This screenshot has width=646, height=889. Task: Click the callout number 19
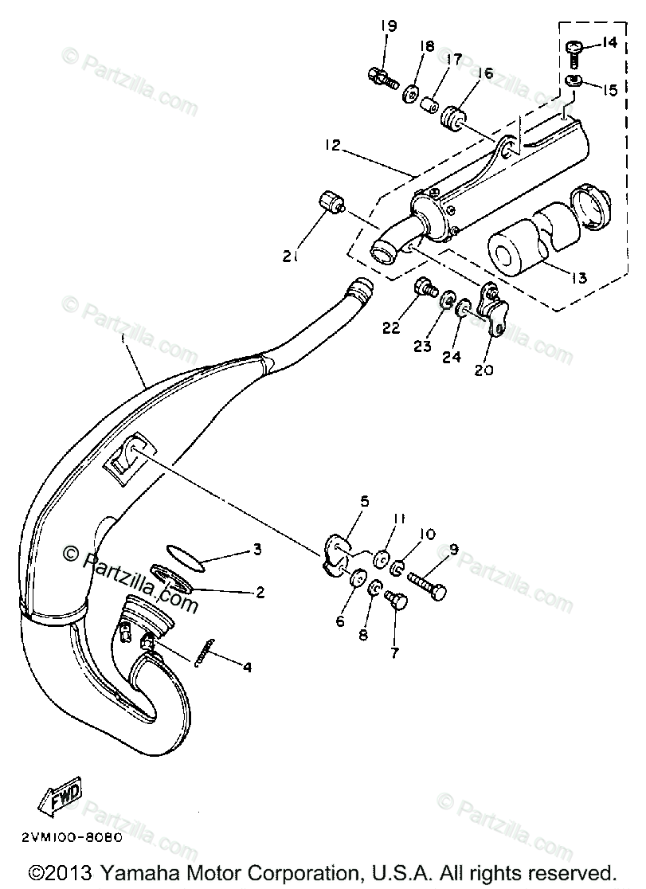pos(388,25)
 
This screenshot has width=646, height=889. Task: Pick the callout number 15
pos(609,90)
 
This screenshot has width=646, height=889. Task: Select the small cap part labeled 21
pos(331,203)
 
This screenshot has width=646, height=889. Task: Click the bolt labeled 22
pos(424,287)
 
